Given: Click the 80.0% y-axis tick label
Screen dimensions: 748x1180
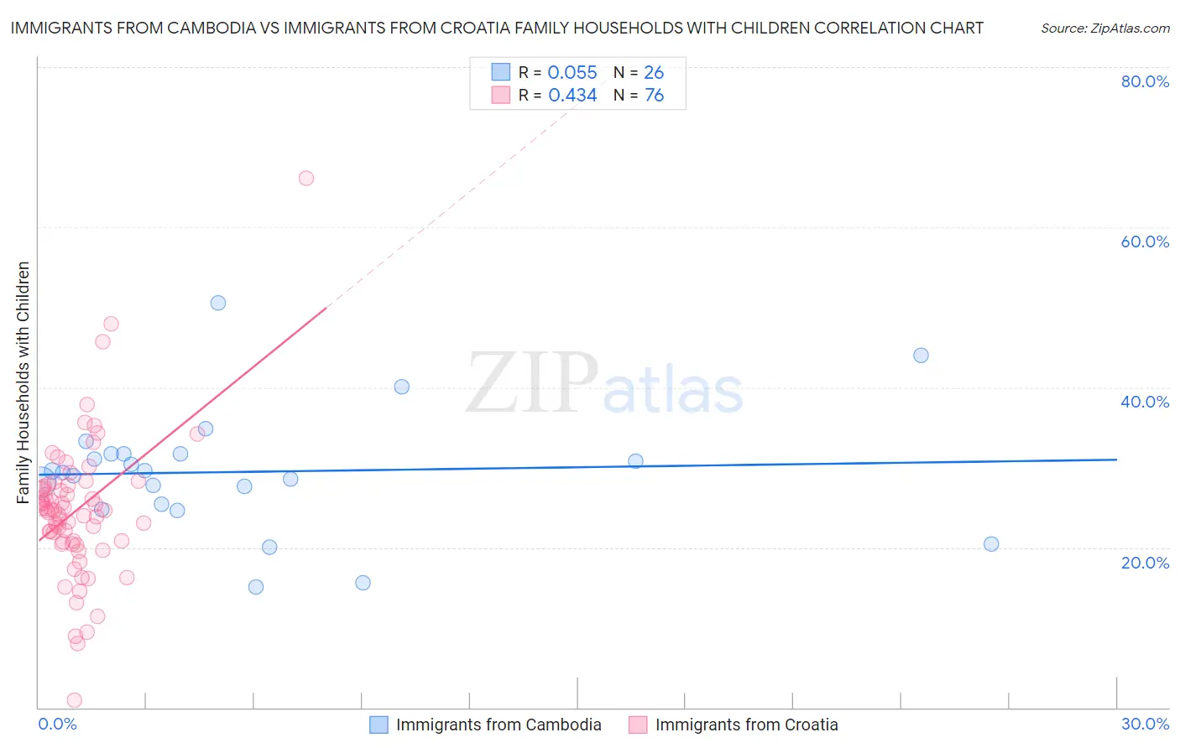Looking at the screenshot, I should coord(1145,81).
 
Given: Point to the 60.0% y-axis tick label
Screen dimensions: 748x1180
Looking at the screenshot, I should coord(1145,242).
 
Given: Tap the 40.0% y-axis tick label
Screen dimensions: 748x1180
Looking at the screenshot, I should coord(1145,402).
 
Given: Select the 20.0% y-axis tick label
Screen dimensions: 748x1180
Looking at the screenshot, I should coord(1145,563).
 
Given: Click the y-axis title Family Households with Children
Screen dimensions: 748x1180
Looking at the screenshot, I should coord(23,382).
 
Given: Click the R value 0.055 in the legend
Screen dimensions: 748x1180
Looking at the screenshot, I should coord(572,73).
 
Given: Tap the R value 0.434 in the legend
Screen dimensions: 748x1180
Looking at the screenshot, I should coord(572,96).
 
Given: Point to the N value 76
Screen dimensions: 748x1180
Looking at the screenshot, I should coord(654,96).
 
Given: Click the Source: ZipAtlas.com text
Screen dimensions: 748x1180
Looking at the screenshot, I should coord(1104,29).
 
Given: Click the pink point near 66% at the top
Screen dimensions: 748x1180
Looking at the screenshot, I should coord(306,178).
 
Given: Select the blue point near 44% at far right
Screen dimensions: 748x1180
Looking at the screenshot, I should coord(921,356).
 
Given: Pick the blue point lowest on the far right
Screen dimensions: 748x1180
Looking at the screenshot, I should coord(991,544).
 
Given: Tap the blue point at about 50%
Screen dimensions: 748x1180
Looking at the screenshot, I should coord(218,304).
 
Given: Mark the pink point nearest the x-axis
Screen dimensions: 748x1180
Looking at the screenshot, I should coord(74,700).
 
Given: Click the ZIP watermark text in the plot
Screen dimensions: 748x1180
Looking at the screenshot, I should coord(532,384).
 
